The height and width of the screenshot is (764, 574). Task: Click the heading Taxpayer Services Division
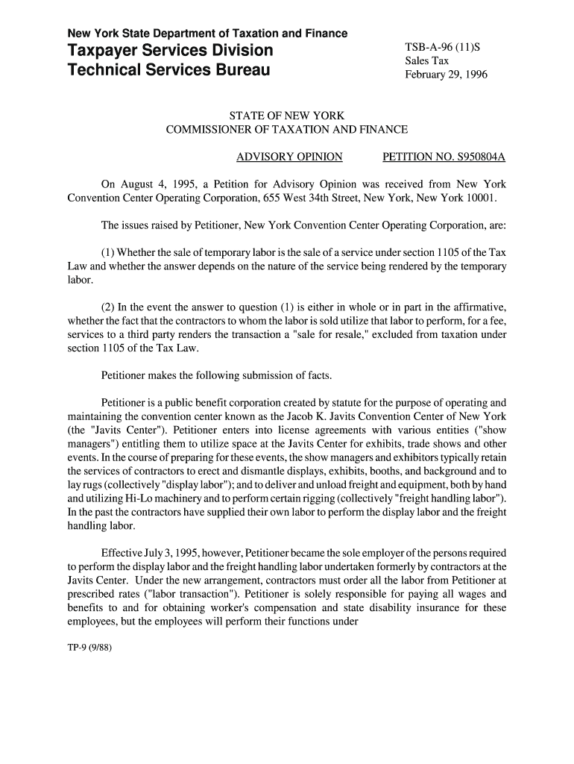pyautogui.click(x=170, y=51)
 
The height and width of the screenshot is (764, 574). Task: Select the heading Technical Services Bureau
pyautogui.click(x=169, y=72)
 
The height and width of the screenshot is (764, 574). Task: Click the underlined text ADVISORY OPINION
pyautogui.click(x=289, y=157)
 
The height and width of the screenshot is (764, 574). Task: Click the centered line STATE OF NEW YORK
pyautogui.click(x=286, y=116)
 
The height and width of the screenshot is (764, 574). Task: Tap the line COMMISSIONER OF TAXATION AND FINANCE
pyautogui.click(x=286, y=130)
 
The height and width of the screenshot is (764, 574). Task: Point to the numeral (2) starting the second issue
pyautogui.click(x=108, y=307)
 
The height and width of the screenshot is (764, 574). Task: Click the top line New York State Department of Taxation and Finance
pyautogui.click(x=207, y=34)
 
